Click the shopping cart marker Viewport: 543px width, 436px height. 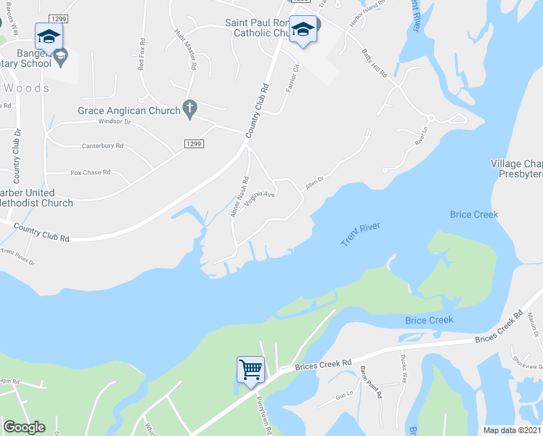coord(250,370)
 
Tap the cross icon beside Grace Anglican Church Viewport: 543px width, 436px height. coord(189,110)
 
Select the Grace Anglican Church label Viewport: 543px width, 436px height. coord(129,111)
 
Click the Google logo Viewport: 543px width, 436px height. coord(24,427)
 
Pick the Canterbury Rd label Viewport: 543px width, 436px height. coord(102,146)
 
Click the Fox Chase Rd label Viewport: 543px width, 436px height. coord(90,173)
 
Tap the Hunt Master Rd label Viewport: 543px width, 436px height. coord(186,49)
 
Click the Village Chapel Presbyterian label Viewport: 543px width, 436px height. coord(517,169)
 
